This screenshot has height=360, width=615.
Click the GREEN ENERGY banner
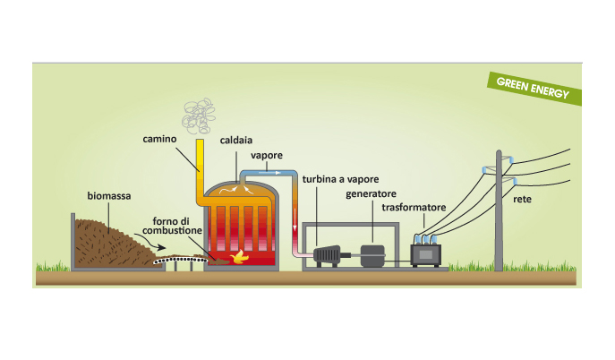(x=534, y=88)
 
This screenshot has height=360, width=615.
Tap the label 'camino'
(x=160, y=140)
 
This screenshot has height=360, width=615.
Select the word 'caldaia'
(x=235, y=141)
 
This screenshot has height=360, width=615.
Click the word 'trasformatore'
(x=414, y=208)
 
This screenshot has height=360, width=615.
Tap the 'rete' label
(x=523, y=199)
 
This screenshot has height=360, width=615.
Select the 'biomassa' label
(x=107, y=195)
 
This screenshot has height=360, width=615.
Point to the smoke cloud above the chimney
(x=201, y=113)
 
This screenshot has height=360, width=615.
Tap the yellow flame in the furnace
(x=238, y=257)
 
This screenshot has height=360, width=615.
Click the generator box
(x=372, y=254)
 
